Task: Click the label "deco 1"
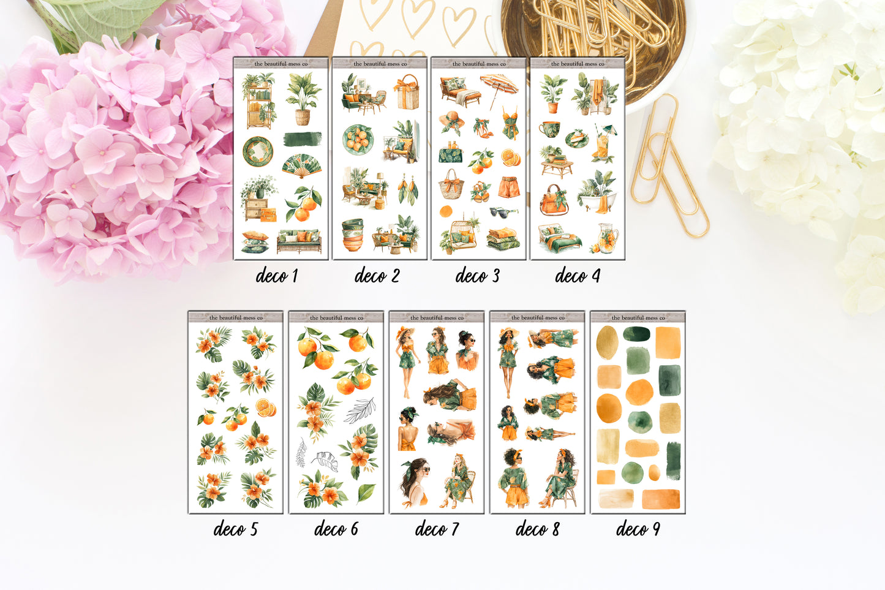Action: point(277,276)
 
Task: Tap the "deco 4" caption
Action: point(577,276)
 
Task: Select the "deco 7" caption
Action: point(437,529)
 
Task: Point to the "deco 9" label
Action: point(638,529)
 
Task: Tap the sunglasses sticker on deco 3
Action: point(503,212)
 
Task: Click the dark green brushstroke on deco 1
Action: point(303,138)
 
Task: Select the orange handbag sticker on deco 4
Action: point(553,201)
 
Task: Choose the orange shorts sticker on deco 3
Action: point(508,187)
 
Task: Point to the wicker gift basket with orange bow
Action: point(407,92)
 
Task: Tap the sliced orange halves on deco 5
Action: point(266,408)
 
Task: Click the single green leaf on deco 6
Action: point(366,492)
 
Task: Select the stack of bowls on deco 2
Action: point(352,235)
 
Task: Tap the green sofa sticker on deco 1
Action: point(299,241)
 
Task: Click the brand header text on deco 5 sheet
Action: point(236,318)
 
